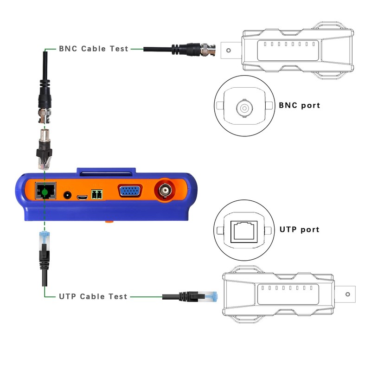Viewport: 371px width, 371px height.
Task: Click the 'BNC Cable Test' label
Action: [x=93, y=48]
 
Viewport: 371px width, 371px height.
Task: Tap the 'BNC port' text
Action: [x=299, y=105]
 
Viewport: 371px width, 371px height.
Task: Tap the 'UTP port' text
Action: [x=299, y=229]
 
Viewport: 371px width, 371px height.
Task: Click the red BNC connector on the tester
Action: [x=166, y=191]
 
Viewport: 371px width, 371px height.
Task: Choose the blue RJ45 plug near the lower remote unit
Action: [x=211, y=295]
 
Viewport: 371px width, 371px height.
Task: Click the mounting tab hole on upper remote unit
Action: [x=228, y=48]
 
